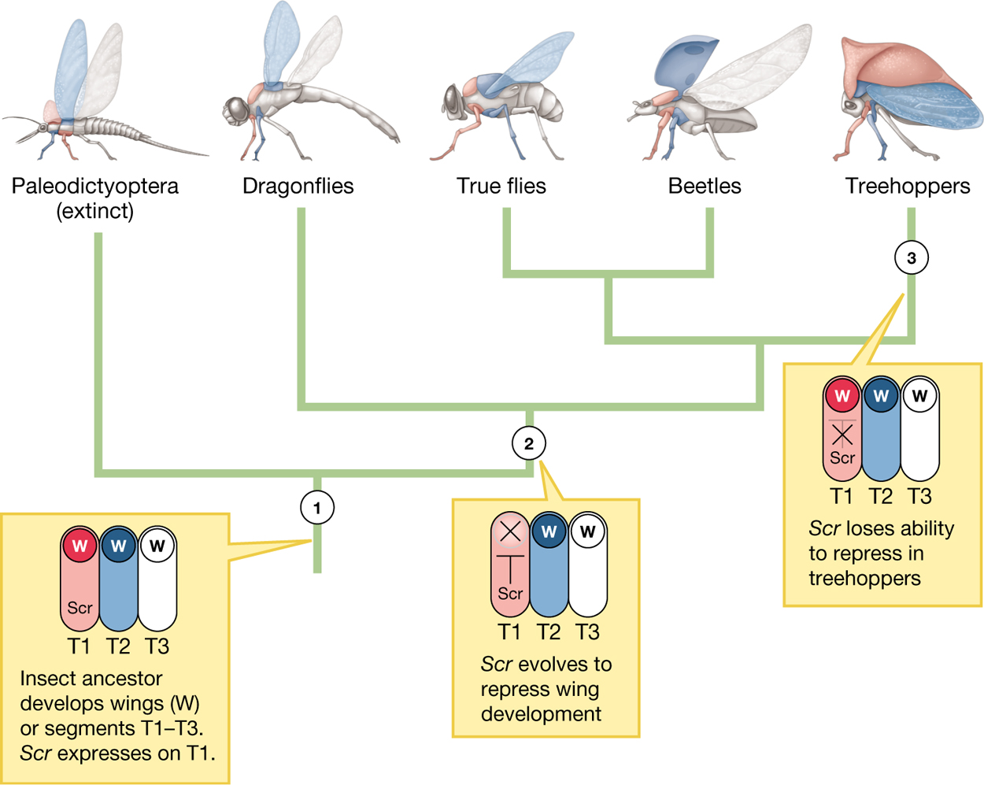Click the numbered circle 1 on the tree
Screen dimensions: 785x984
pos(317,508)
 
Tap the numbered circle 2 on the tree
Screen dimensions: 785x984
pos(528,443)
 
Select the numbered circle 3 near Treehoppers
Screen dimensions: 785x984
pos(911,258)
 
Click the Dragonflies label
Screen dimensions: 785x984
pos(298,187)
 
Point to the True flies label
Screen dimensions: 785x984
pos(501,187)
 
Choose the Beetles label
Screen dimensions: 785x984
pos(704,187)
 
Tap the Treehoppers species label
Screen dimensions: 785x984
pos(907,187)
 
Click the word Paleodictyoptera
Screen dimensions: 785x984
pos(94,187)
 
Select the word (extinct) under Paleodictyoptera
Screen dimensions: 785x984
pos(94,211)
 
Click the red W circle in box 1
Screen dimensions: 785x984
pos(80,546)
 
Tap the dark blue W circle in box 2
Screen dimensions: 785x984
pos(549,531)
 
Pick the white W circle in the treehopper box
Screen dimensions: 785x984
pos(919,395)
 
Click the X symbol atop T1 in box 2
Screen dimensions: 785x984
pos(510,531)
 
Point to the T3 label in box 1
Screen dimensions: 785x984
pos(157,646)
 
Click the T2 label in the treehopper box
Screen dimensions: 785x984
pos(881,496)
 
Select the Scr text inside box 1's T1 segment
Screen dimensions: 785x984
pos(80,608)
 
